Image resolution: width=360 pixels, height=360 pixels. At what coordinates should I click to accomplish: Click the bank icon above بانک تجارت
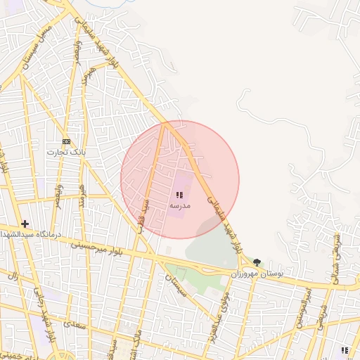(x=66, y=141)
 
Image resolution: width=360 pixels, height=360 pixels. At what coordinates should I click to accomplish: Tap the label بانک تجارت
(x=66, y=152)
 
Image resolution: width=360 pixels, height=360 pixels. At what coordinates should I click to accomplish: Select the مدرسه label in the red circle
(x=179, y=205)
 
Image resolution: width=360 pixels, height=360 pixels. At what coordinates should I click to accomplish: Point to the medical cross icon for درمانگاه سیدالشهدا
(x=25, y=224)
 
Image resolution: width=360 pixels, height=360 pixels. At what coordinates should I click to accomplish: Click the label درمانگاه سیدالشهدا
(x=39, y=233)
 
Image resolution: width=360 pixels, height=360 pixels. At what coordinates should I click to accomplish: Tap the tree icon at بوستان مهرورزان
(x=257, y=262)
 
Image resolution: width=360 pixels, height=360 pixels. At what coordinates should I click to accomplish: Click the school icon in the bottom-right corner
(x=345, y=349)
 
